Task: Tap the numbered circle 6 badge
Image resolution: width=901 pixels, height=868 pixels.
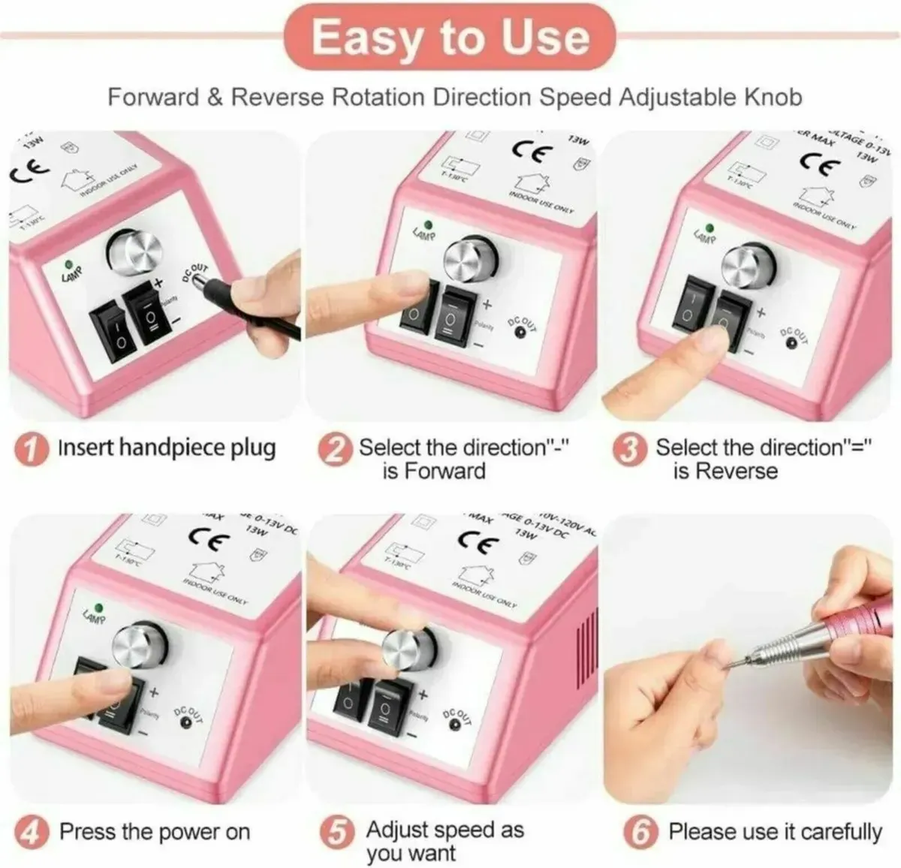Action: click(640, 833)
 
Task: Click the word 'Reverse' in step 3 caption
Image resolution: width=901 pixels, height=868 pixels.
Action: click(737, 471)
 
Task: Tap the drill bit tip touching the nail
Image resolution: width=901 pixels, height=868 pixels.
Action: click(722, 663)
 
